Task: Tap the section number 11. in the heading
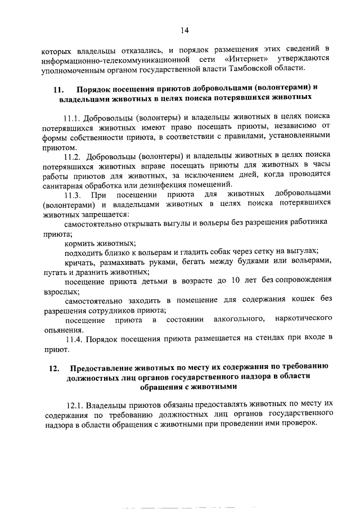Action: click(60, 89)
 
